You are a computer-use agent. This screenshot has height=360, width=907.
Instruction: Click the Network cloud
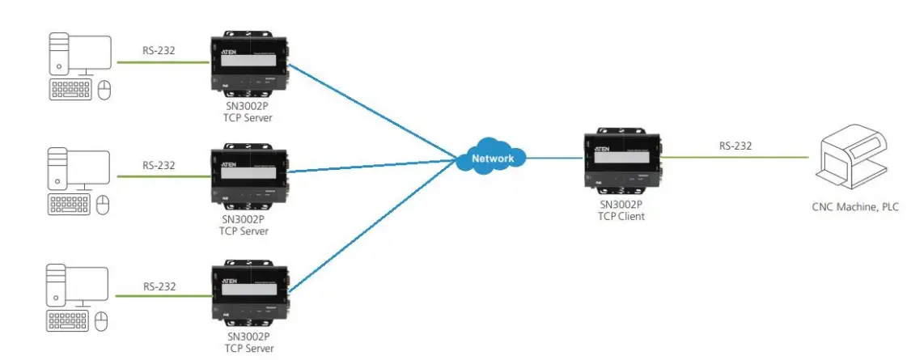pyautogui.click(x=491, y=158)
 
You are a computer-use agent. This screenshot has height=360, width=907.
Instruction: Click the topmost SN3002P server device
pyautogui.click(x=248, y=63)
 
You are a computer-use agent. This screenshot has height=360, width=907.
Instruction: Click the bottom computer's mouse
pyautogui.click(x=103, y=322)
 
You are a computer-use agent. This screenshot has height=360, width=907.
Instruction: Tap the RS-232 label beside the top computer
pyautogui.click(x=158, y=50)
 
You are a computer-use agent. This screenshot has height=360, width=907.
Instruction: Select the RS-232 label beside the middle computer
pyautogui.click(x=159, y=166)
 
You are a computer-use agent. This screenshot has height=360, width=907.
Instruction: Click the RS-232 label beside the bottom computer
pyautogui.click(x=159, y=286)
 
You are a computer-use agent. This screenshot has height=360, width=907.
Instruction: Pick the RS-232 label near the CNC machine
pyautogui.click(x=735, y=146)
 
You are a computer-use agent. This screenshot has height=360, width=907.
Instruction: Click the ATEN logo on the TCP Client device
pyautogui.click(x=602, y=150)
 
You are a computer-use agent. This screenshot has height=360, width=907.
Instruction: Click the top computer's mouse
pyautogui.click(x=103, y=91)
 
